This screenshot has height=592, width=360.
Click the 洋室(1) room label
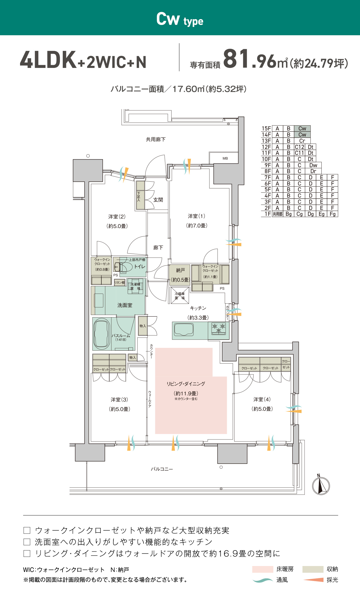[196, 216]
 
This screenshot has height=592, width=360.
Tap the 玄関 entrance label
[158, 200]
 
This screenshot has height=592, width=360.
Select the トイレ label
[140, 267]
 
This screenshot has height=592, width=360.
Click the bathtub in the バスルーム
[102, 334]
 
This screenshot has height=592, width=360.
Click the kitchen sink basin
[184, 330]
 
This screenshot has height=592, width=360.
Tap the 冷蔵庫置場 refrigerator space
[180, 296]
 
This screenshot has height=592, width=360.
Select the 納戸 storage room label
[180, 270]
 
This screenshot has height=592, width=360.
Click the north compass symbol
[321, 485]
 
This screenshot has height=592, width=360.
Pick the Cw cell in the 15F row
[302, 128]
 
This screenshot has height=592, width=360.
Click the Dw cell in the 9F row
[313, 165]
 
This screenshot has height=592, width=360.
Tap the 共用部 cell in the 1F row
[277, 214]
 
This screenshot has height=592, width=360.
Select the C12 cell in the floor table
[300, 147]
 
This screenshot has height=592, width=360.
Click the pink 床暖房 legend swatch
[263, 569]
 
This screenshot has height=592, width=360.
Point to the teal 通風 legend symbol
[263, 580]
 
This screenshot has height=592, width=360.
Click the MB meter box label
[225, 158]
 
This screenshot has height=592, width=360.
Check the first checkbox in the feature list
[27, 530]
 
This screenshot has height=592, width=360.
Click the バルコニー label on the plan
[162, 469]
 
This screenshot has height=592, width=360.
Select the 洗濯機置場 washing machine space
[135, 286]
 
